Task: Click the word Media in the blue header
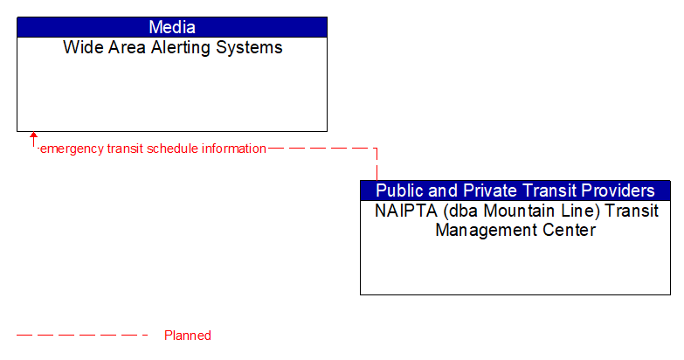tap(172, 27)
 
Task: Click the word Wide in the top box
tap(79, 48)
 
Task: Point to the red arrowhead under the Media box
tap(34, 136)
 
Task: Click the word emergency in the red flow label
tap(72, 149)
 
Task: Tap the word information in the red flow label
tap(234, 149)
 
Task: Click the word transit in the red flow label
tap(125, 149)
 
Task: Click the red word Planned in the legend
tap(188, 336)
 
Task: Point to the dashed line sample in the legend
tap(83, 336)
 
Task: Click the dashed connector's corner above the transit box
tap(377, 149)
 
